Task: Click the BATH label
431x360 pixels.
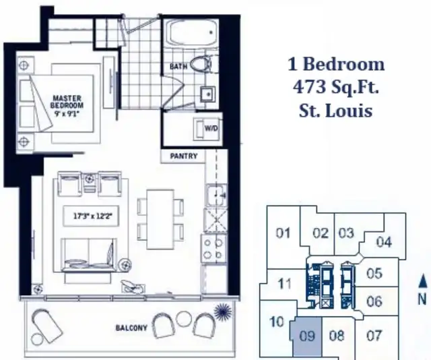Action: click(x=178, y=66)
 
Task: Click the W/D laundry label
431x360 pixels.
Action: click(x=211, y=128)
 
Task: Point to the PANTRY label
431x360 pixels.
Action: click(x=184, y=156)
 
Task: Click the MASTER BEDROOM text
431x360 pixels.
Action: click(x=67, y=102)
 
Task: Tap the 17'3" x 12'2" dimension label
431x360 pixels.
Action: click(x=92, y=216)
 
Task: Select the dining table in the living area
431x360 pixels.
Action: click(x=160, y=219)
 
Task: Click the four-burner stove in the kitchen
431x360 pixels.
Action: click(x=213, y=249)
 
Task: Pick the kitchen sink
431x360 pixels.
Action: click(x=216, y=196)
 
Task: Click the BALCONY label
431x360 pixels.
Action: click(x=131, y=328)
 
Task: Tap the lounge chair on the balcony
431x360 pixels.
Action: click(x=46, y=325)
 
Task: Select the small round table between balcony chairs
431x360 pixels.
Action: click(x=185, y=319)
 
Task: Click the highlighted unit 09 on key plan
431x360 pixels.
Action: click(x=306, y=336)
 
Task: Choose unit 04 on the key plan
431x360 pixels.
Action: click(x=384, y=242)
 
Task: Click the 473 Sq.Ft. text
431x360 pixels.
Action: click(x=336, y=87)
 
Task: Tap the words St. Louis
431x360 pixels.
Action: click(x=335, y=111)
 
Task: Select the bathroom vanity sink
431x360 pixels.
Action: click(x=208, y=94)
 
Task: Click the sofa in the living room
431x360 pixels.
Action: click(x=88, y=255)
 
